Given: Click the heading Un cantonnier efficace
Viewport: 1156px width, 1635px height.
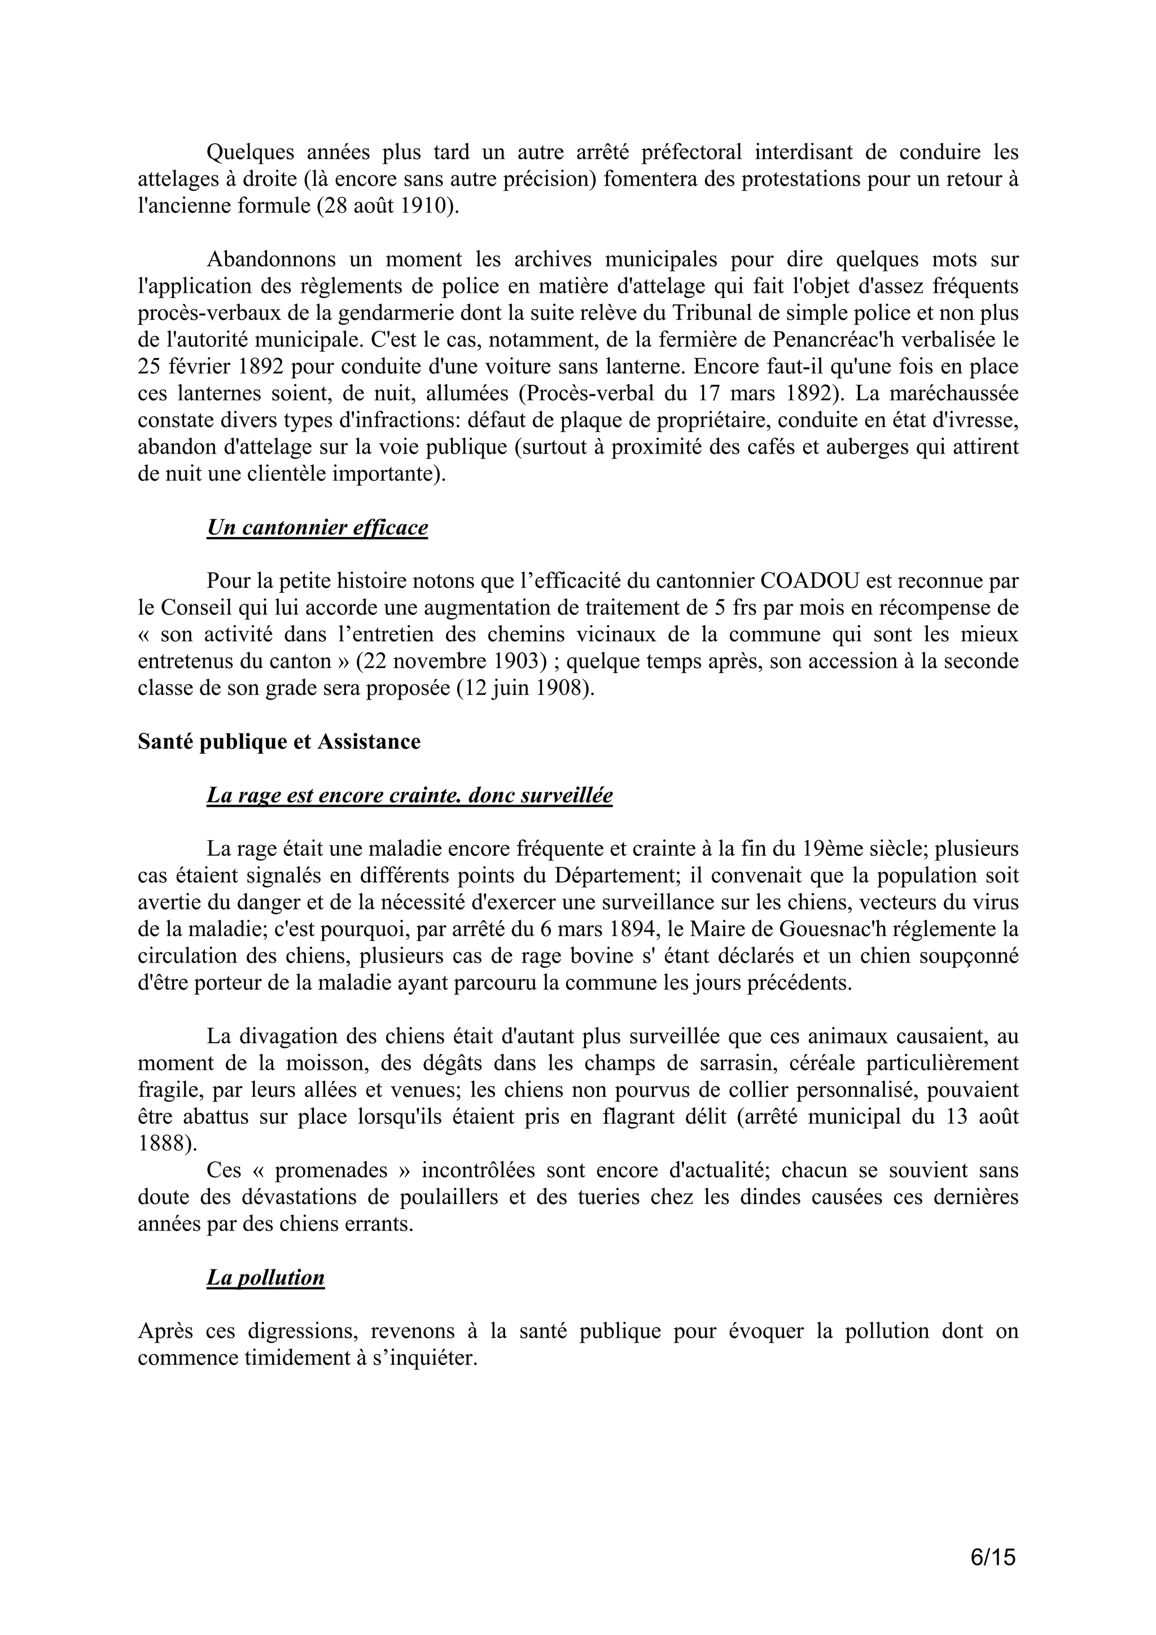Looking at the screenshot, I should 317,528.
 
